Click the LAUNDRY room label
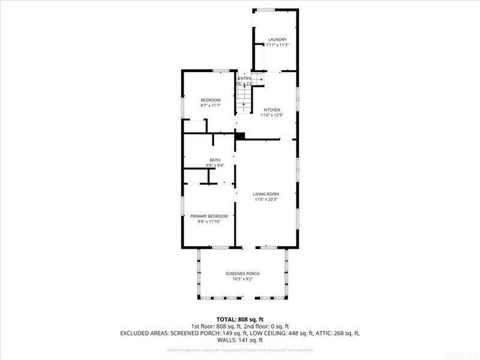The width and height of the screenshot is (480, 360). pos(277,40)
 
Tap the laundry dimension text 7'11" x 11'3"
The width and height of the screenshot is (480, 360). pos(277,45)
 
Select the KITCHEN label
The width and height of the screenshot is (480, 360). pos(271,110)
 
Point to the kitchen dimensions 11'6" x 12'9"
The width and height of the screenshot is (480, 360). pos(271,115)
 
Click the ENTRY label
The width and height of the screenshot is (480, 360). pos(245,79)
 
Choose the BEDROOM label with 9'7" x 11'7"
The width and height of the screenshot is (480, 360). pos(210,100)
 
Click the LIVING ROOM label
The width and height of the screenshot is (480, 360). pos(266,194)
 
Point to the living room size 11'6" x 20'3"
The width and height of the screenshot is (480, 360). pos(266,199)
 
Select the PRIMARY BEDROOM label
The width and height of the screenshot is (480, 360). pos(209,216)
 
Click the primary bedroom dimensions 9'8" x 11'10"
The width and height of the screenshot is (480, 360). pos(209,221)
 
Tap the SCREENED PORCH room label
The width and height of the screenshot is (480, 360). pos(243,274)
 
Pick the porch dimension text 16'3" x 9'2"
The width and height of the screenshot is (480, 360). pos(243,279)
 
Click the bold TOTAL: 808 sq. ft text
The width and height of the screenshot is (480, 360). pos(240,319)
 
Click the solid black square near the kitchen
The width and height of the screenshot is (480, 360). pos(239,136)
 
